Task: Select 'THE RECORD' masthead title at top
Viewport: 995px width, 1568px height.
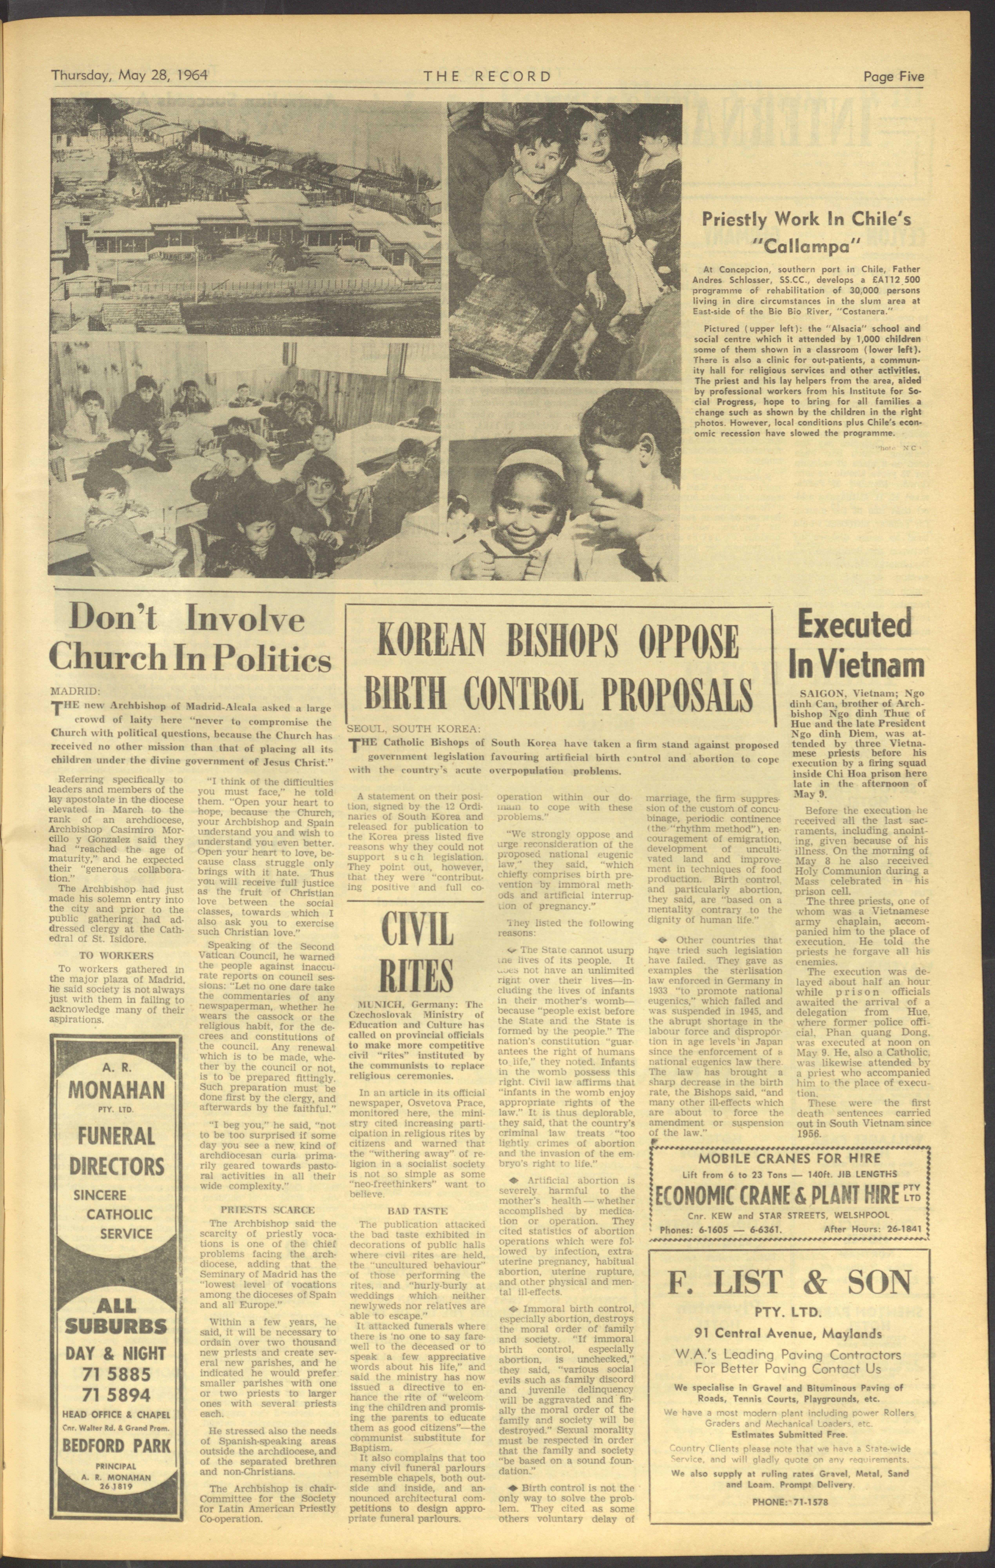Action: (x=487, y=76)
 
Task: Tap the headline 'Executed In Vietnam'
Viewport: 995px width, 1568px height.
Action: (x=857, y=645)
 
